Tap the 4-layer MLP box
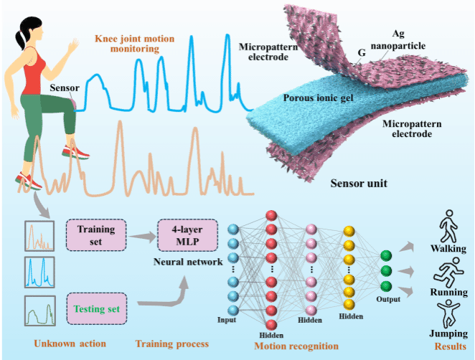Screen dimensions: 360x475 (x=182, y=236)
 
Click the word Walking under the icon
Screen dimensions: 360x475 (x=448, y=249)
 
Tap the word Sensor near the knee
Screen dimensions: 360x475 (x=65, y=88)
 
